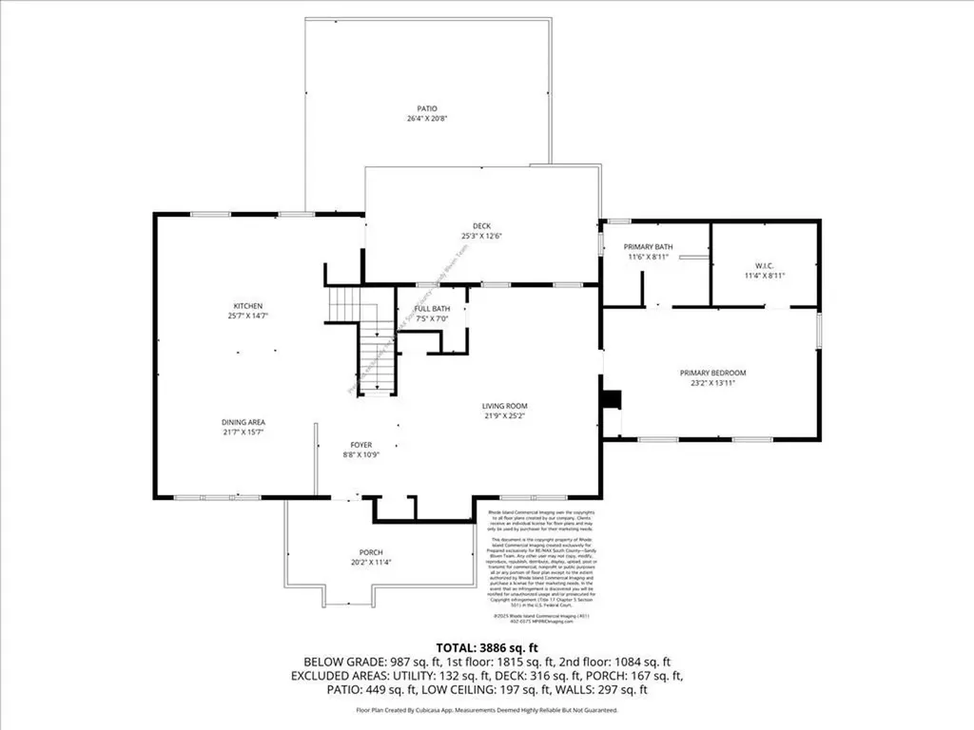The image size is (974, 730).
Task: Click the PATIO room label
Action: coord(413,108)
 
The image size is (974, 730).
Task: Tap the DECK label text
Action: coord(481,225)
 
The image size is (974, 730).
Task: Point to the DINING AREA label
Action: coord(243,422)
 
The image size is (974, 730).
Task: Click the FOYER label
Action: coord(360,444)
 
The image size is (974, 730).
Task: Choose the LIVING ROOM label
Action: coord(504,406)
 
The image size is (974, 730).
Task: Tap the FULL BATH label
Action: coord(434,308)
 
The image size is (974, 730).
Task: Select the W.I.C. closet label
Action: coord(764,265)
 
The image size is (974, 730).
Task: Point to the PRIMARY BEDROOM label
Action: coord(712,373)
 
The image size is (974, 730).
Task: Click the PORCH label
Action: coord(370,552)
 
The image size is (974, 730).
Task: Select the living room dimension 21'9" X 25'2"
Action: coord(504,416)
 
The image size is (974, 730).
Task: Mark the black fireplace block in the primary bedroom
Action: coord(614,398)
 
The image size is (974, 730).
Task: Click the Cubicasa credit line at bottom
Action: coord(486,710)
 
